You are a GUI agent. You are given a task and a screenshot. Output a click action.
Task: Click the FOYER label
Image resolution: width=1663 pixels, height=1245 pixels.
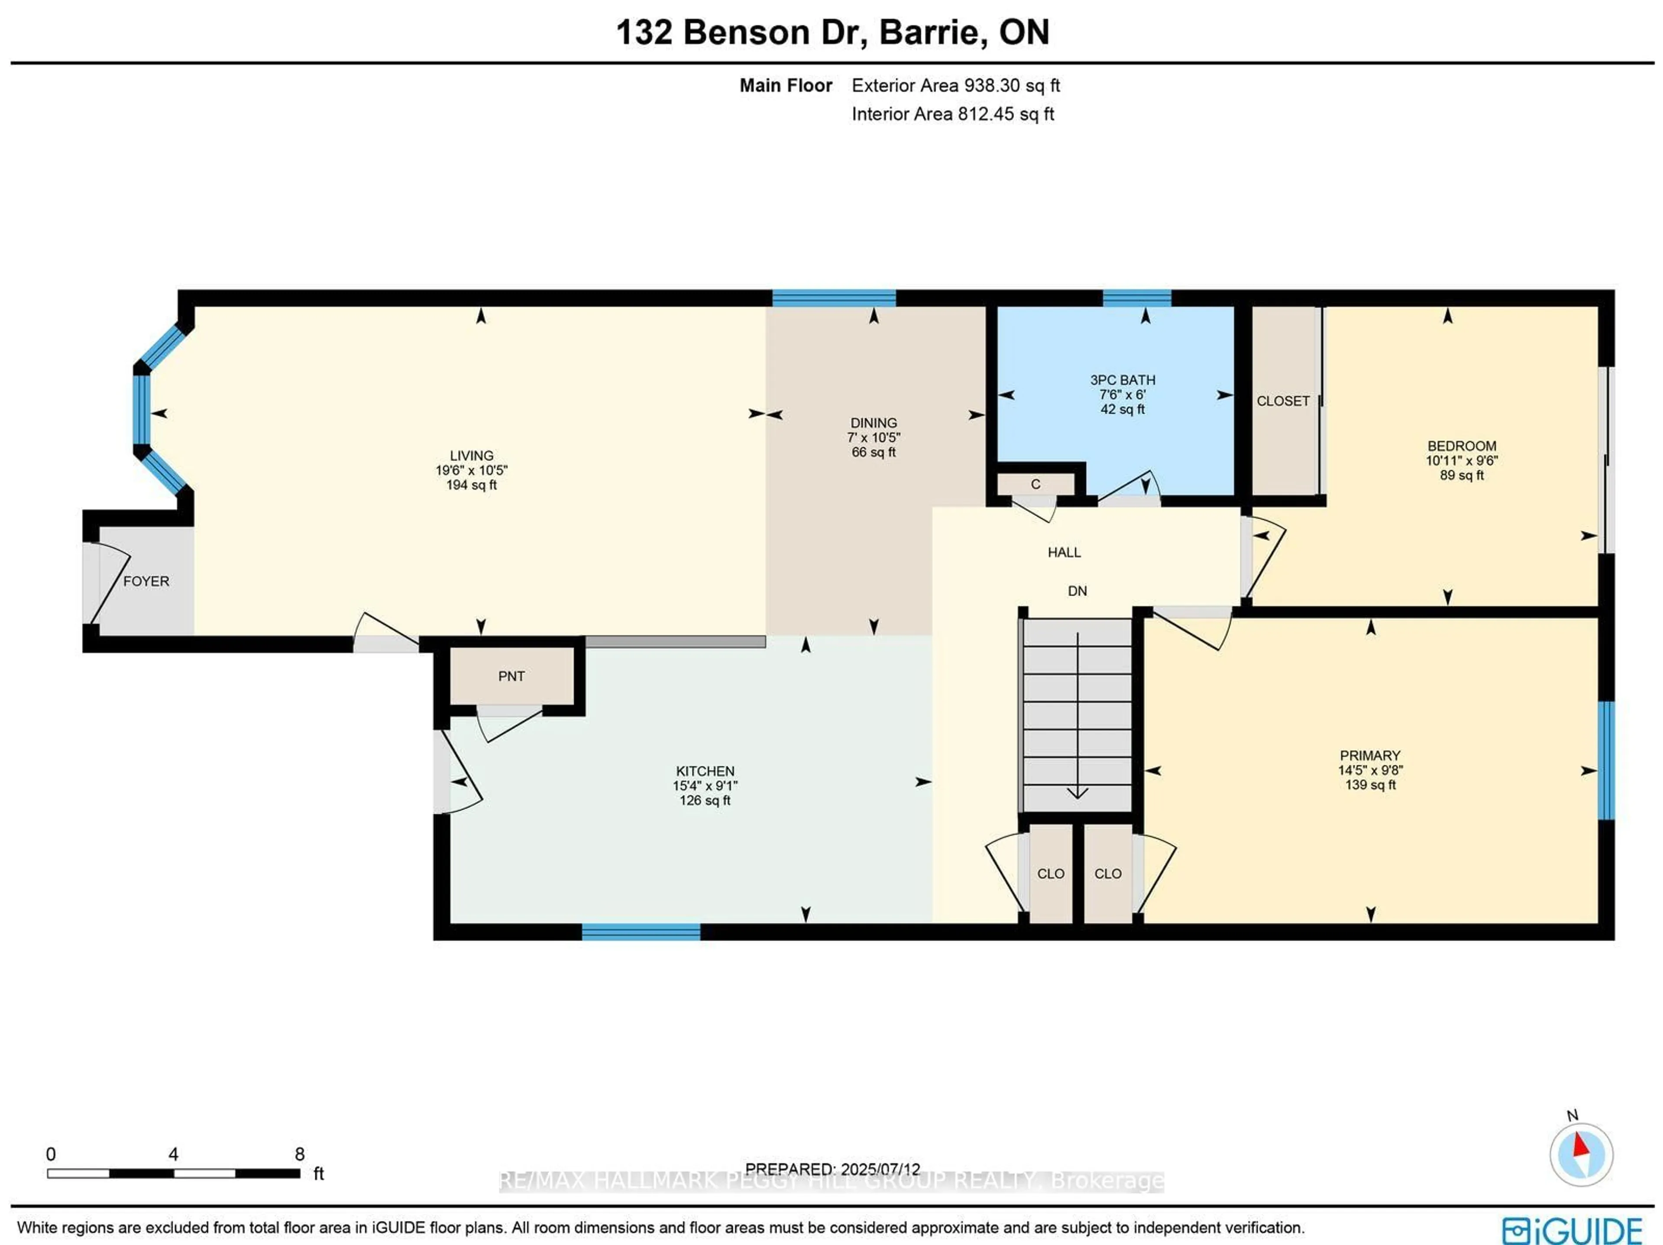coord(146,581)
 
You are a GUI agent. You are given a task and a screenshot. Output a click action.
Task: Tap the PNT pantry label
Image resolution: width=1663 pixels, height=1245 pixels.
coord(511,676)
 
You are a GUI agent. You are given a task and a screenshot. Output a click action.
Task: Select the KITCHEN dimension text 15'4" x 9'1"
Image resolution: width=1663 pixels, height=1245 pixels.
coord(705,786)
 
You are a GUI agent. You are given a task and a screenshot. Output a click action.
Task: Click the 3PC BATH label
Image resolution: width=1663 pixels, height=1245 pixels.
coord(1123,380)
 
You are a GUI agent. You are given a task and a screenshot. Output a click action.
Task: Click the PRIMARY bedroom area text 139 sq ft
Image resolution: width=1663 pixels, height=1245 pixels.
coord(1370,785)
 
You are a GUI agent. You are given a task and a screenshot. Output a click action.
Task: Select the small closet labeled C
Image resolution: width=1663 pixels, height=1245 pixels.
coord(1035,484)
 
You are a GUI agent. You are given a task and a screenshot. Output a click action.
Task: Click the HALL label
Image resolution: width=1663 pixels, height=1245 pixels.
coord(1064,553)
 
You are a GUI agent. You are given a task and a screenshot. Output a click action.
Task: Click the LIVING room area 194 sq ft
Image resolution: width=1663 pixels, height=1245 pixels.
coord(471,485)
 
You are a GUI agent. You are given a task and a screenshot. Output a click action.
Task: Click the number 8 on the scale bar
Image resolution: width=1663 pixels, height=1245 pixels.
coord(299,1154)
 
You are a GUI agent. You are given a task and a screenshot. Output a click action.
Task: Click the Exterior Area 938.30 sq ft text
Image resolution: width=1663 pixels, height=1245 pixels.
coord(955,86)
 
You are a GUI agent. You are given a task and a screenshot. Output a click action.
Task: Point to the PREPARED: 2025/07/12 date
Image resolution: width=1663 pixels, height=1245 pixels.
coord(832,1169)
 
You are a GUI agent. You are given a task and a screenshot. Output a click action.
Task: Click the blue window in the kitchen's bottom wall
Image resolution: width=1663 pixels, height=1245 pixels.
coord(641,932)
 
